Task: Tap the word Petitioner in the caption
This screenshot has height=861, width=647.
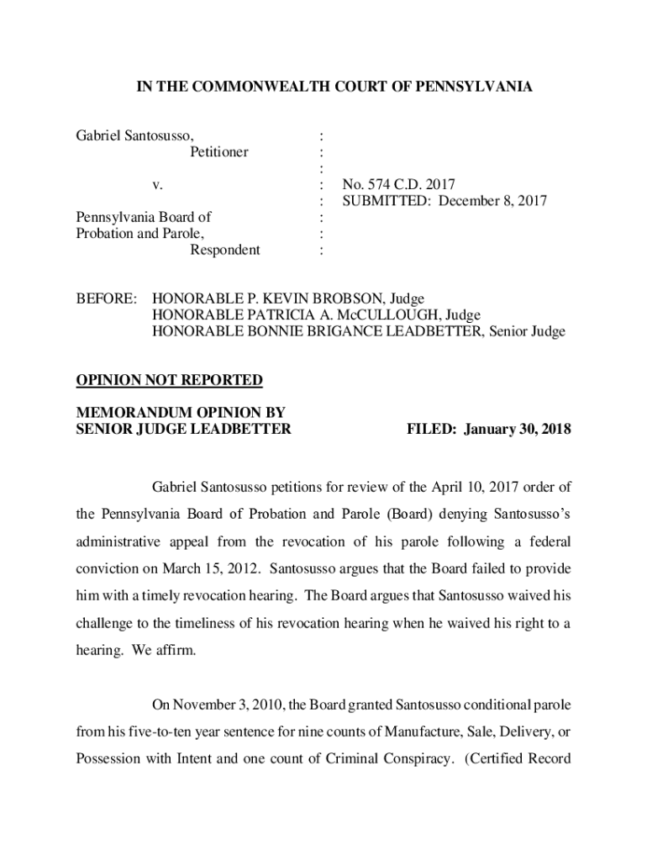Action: click(x=218, y=152)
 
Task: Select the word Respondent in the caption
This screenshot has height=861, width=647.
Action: click(x=224, y=250)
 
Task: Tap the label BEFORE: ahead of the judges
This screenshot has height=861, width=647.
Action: click(x=106, y=298)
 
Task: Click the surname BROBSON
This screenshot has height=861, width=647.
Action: click(x=329, y=298)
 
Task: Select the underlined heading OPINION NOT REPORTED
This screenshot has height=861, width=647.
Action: click(x=170, y=380)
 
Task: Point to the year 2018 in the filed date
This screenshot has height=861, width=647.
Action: click(x=555, y=430)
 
